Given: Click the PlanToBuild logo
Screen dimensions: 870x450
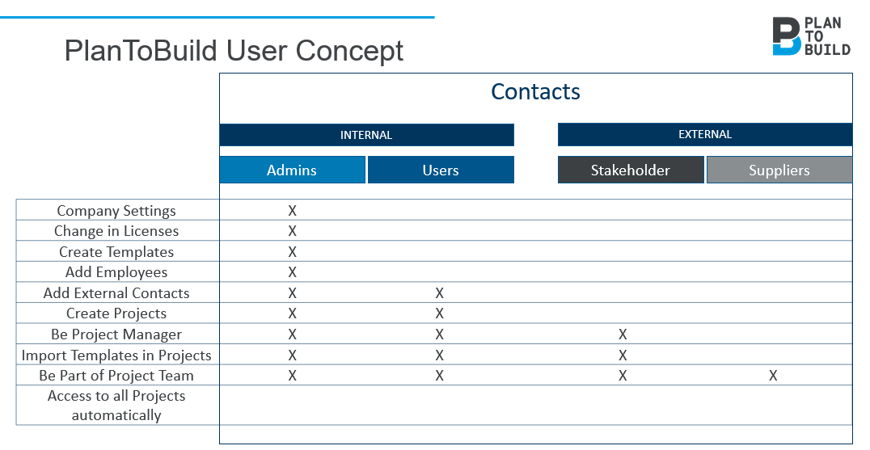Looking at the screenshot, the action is [x=811, y=36].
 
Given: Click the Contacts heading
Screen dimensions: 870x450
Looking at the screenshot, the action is [x=535, y=92].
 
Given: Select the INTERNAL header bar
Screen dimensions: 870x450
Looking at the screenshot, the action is [x=366, y=135].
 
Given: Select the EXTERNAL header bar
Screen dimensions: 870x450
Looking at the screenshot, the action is [x=705, y=135].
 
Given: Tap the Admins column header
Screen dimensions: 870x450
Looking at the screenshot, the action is [x=292, y=170].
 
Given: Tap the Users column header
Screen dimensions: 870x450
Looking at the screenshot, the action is [x=441, y=170].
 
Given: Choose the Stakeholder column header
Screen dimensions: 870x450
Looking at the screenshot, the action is [x=631, y=170].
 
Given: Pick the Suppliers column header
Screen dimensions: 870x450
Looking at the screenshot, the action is [x=779, y=170].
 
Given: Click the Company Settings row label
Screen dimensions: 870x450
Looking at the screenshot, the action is [x=116, y=211].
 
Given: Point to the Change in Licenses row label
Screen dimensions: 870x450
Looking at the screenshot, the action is [x=116, y=231].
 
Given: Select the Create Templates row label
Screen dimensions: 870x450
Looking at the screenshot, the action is [x=116, y=252].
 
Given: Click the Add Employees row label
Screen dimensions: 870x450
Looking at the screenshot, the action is [x=116, y=272].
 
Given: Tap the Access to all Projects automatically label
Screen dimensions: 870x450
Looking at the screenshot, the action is [x=116, y=406].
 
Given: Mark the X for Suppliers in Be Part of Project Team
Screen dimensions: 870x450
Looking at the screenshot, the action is [x=773, y=376].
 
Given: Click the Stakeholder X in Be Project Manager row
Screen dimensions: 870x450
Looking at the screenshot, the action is [x=623, y=334].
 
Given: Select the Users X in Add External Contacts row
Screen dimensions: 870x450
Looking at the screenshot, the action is [x=439, y=293].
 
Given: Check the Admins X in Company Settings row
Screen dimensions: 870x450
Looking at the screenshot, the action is [x=293, y=211].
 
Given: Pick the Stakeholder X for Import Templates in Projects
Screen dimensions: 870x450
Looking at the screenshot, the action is [x=623, y=355].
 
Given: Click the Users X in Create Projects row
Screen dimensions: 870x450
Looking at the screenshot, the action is [x=439, y=313].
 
